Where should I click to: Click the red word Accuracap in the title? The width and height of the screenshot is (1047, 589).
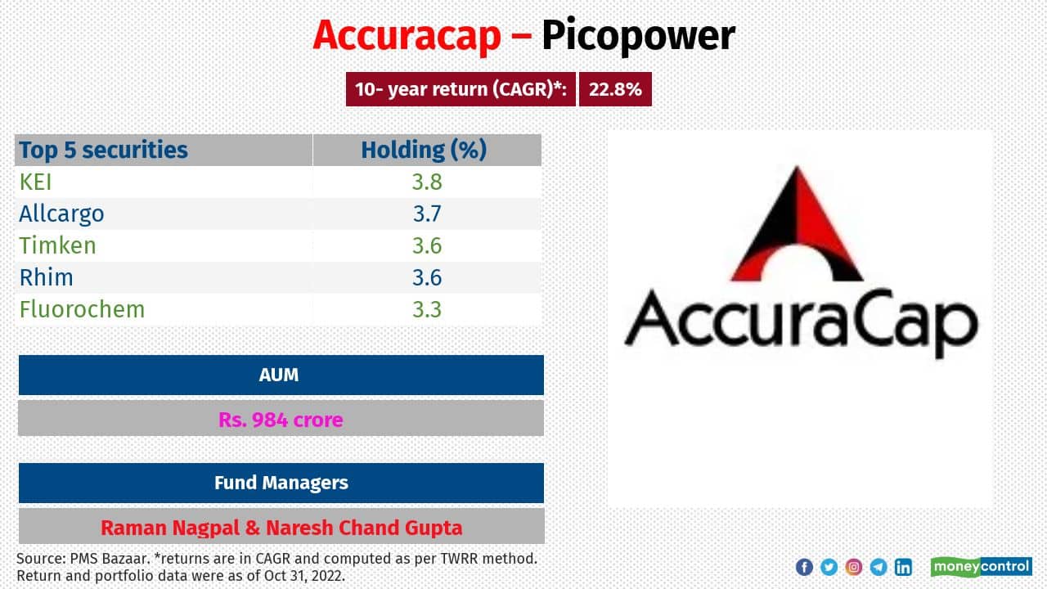[x=407, y=37]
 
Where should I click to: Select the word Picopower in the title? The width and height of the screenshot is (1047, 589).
[x=638, y=37]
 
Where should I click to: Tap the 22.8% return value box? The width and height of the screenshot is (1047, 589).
[x=615, y=90]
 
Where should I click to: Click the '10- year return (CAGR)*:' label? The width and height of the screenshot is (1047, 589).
[x=461, y=90]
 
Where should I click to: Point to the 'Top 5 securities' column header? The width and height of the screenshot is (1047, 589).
[x=104, y=150]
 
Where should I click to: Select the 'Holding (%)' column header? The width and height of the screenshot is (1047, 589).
[x=424, y=150]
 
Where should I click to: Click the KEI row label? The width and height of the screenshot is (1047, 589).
[x=36, y=182]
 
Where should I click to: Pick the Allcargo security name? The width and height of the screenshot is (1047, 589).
[x=62, y=214]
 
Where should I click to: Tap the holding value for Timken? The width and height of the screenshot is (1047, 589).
[x=427, y=245]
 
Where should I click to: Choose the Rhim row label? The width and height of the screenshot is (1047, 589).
[x=47, y=277]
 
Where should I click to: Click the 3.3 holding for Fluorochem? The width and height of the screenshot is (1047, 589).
[x=427, y=309]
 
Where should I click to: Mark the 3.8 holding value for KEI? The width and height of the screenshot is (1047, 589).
[x=427, y=182]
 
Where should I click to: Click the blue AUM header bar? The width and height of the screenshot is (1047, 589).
[x=281, y=375]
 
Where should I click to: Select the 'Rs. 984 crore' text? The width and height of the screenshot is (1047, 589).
[x=281, y=420]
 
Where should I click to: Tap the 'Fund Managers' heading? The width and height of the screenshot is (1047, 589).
[x=281, y=483]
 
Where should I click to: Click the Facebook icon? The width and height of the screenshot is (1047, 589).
[x=804, y=567]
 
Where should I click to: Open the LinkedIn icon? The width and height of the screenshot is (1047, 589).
[x=903, y=567]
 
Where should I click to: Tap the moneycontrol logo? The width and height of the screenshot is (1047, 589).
[x=981, y=567]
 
